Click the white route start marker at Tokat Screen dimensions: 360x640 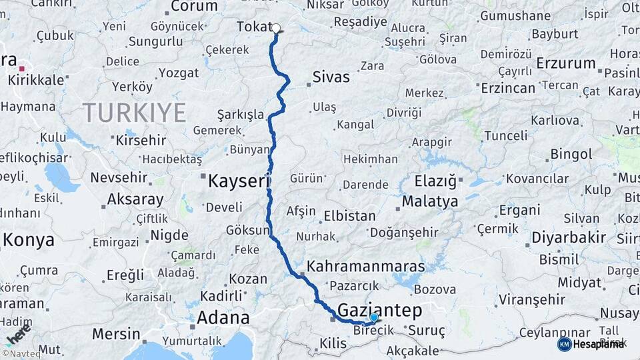pos(276,29)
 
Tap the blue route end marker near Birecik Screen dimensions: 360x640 pos(374,317)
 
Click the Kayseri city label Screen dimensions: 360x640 pos(238,180)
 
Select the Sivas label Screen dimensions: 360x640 pos(331,77)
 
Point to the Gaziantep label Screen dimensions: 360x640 pos(380,309)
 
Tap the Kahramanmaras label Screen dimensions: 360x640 pos(365,266)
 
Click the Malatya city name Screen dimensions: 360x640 pos(430,201)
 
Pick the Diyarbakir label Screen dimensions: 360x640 pos(569,237)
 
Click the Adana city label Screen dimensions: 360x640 pos(223,317)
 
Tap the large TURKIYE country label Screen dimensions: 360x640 pos(134,112)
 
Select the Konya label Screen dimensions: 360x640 pos(28,240)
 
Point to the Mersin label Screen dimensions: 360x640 pos(116,333)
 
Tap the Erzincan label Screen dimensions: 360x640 pos(508,87)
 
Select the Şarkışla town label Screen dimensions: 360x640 pos(241,114)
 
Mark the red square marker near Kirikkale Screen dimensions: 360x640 pos(22,68)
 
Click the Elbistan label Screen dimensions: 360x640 pos(349,216)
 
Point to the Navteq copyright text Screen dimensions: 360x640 pos(21,354)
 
